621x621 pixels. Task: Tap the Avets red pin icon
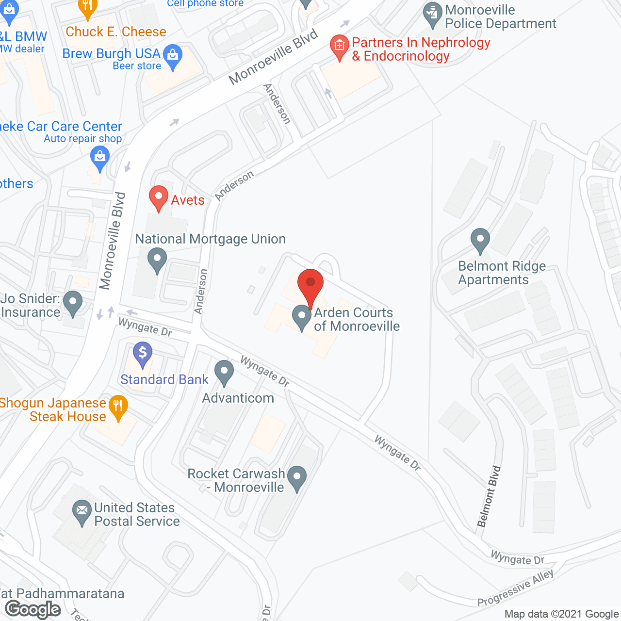click(x=158, y=198)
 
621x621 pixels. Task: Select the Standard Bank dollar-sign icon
click(x=143, y=353)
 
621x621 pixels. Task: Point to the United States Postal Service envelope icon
click(x=82, y=512)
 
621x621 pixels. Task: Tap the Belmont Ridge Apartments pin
click(x=480, y=240)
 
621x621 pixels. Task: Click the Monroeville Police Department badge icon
click(x=432, y=15)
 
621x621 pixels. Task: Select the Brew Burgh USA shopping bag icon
click(x=173, y=56)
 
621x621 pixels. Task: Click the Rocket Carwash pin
click(x=297, y=477)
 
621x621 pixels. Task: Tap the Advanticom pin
click(x=224, y=372)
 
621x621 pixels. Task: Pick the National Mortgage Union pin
click(x=157, y=260)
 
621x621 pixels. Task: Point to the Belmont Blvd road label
click(x=489, y=496)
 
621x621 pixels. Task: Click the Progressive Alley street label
click(x=516, y=588)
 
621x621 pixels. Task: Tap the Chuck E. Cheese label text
click(x=116, y=32)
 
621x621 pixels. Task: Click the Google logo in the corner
click(x=33, y=609)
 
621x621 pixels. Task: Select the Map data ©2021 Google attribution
click(x=561, y=614)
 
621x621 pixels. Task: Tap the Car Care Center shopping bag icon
click(x=100, y=158)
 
